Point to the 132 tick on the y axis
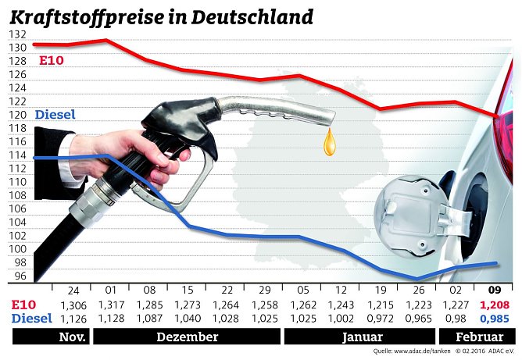click(x=17, y=34)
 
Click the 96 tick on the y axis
click(x=20, y=276)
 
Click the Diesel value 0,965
click(x=416, y=319)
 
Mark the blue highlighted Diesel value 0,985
click(x=496, y=319)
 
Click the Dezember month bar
click(x=187, y=337)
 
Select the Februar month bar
click(x=478, y=337)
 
